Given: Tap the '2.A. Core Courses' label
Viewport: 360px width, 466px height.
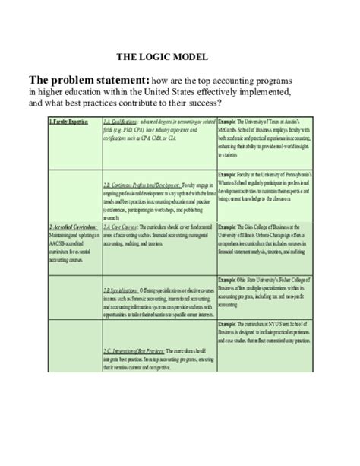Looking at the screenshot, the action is (119, 206).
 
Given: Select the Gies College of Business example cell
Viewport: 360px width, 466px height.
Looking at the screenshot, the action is (264, 220).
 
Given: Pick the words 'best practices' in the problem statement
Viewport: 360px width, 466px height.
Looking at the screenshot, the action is (85, 103).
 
